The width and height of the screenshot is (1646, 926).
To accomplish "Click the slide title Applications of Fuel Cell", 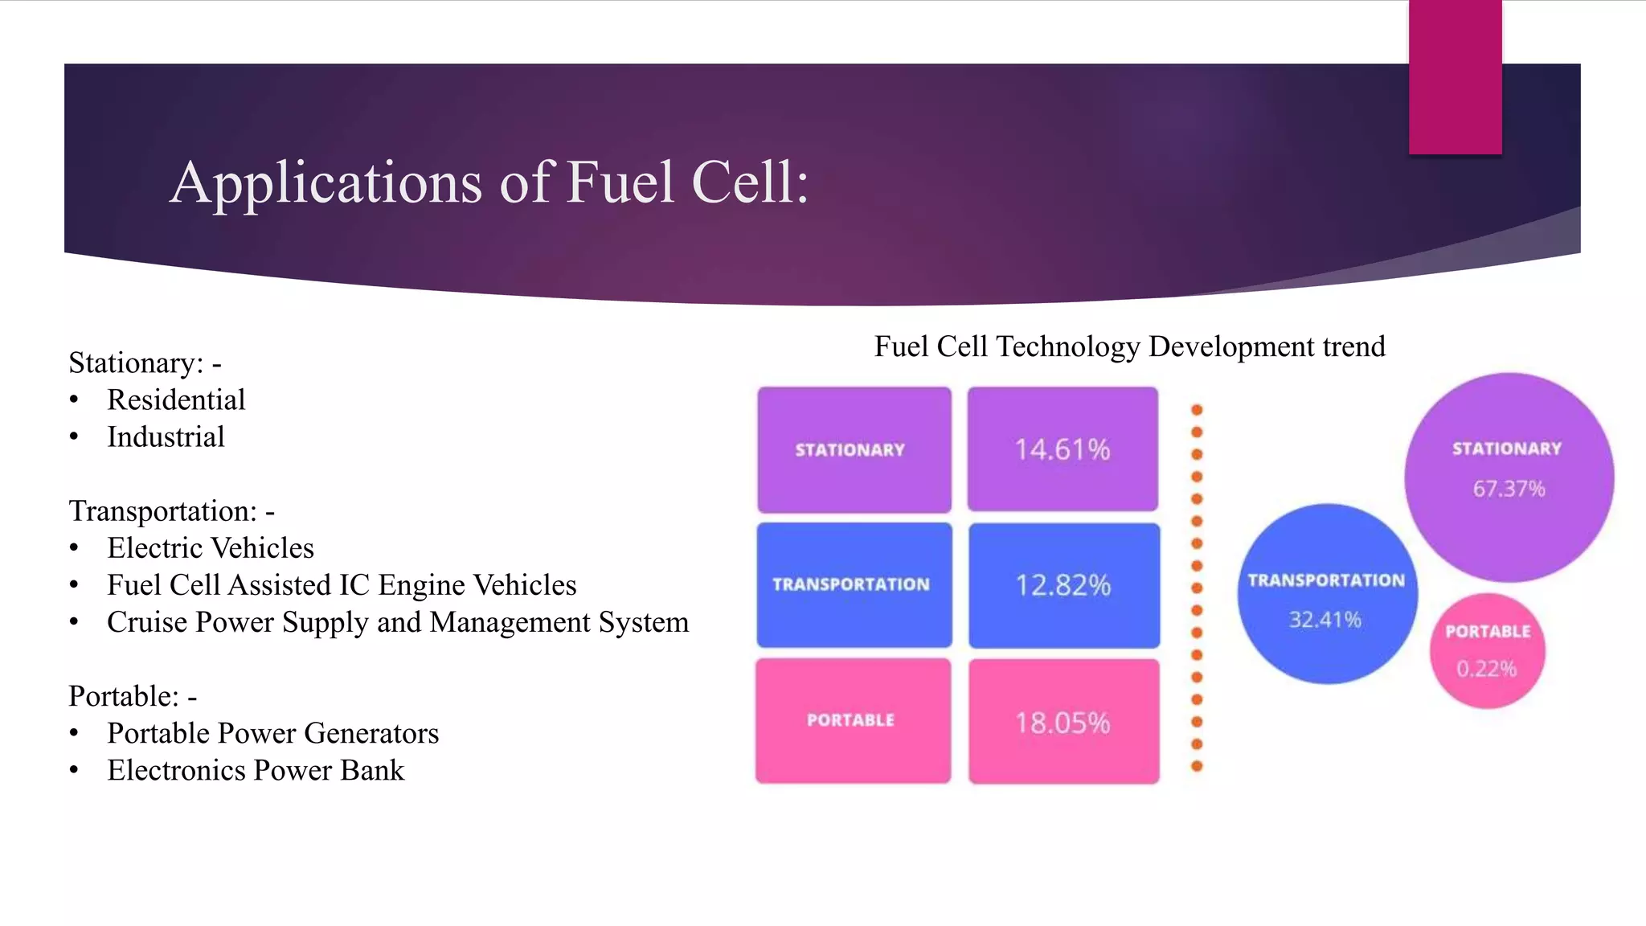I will [x=489, y=182].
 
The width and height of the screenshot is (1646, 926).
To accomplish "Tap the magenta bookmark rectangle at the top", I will [x=1455, y=77].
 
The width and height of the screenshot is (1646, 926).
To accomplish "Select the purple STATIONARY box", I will [x=854, y=449].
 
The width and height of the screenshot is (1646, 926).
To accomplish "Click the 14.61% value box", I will [x=1063, y=449].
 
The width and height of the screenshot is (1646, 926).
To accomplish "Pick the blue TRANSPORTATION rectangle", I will [x=854, y=584].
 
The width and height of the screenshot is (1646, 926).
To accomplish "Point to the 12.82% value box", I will [x=1063, y=585].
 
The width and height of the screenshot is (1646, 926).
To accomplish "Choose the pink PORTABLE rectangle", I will [x=853, y=720].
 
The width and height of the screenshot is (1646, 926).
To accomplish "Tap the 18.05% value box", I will [x=1063, y=722].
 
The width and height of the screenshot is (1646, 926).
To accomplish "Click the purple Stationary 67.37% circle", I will [x=1509, y=477].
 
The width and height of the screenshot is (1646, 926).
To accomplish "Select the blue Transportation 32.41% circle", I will [x=1326, y=595].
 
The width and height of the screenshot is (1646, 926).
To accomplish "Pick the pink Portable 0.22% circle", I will [x=1487, y=651].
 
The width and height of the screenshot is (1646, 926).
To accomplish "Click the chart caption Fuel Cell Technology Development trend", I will [x=1129, y=346].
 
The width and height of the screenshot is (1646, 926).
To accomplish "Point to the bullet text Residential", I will [x=176, y=399].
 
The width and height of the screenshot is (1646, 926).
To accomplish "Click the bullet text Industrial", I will [x=166, y=436].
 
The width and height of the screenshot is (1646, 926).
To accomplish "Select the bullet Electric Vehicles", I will [x=211, y=547].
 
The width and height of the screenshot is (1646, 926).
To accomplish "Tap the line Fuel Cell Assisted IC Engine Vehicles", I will [x=342, y=584].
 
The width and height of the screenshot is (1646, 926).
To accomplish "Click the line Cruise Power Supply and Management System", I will [x=398, y=621].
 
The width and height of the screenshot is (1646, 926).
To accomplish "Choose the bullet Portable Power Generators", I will [x=273, y=732].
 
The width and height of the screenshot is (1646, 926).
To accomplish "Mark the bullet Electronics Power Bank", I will [x=256, y=769].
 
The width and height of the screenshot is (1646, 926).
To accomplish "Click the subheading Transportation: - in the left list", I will [x=171, y=510].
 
